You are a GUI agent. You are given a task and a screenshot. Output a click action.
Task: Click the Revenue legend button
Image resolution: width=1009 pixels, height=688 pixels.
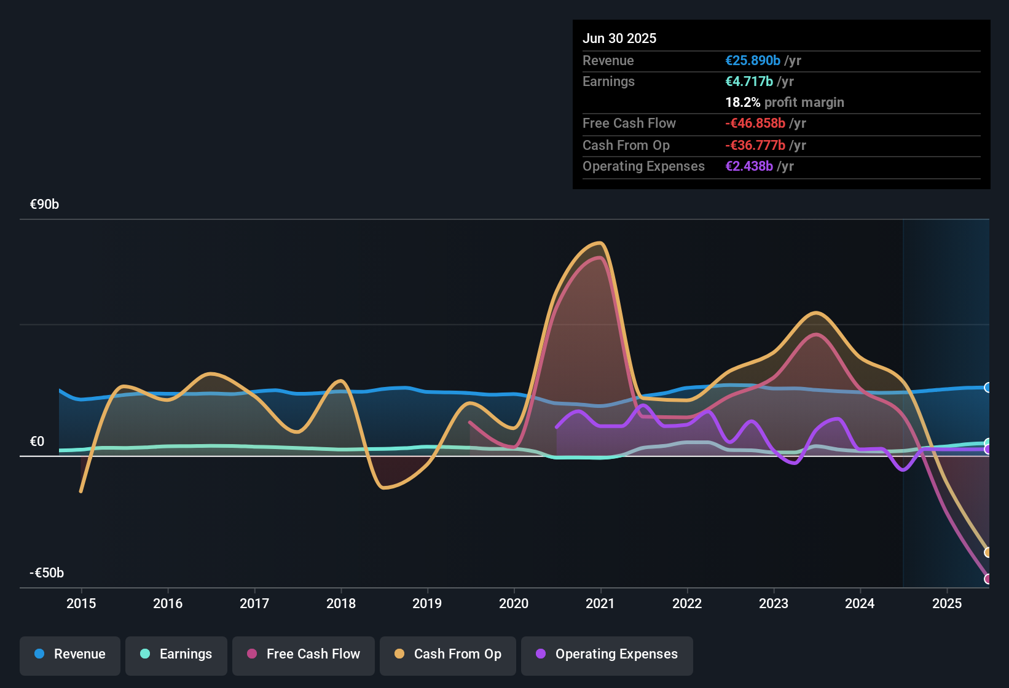[x=70, y=654]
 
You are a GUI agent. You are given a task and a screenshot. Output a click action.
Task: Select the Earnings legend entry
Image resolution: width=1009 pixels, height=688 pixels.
[x=176, y=654]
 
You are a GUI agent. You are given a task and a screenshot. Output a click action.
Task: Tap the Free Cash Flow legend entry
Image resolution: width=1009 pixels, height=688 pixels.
[x=304, y=654]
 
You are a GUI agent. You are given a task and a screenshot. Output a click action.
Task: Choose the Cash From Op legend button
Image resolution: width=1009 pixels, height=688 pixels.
[x=448, y=654]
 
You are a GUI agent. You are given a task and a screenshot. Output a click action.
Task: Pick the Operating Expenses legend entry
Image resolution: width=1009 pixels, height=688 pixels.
[x=607, y=654]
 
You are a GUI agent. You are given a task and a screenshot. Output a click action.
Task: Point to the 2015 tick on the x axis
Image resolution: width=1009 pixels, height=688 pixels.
[x=81, y=603]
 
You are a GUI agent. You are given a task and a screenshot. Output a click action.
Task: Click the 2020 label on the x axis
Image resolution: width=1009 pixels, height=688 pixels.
[x=514, y=603]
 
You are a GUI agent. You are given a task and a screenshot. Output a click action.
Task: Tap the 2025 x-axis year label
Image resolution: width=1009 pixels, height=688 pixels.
[x=947, y=603]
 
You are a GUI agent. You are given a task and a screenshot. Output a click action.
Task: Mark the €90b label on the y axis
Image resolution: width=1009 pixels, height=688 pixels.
[x=44, y=205]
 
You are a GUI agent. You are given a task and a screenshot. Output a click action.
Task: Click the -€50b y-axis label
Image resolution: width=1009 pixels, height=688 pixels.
[x=47, y=573]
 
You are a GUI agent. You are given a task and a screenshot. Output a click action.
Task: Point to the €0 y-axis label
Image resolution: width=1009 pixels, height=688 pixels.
[x=37, y=442]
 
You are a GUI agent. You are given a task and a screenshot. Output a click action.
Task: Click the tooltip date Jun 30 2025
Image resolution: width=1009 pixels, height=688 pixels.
[x=619, y=38]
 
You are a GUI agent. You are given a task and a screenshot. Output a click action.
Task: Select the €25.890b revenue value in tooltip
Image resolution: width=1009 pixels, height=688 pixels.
[x=753, y=61]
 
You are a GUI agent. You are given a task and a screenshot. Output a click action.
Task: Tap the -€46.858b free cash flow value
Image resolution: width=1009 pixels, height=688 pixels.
[x=755, y=123]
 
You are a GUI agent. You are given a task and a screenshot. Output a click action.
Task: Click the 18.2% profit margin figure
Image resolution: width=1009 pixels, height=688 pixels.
[x=743, y=103]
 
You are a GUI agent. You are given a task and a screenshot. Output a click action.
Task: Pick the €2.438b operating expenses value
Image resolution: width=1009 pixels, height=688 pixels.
[x=749, y=166]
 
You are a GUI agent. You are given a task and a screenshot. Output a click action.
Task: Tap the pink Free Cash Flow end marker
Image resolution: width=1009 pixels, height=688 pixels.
[x=987, y=579]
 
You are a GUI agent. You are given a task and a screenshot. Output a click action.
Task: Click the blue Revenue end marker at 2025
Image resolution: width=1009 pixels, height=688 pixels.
[x=987, y=388]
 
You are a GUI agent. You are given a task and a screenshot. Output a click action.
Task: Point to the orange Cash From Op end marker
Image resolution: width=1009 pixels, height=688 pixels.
[x=987, y=552]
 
